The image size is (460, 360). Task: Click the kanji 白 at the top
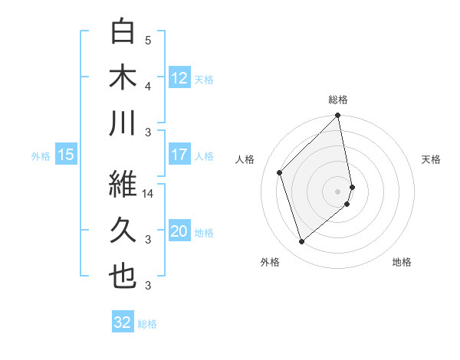tap(123, 31)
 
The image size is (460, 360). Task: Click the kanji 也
tap(123, 277)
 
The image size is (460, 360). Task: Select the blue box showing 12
tap(179, 77)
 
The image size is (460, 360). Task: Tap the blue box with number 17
tap(179, 155)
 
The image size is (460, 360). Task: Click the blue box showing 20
tap(179, 231)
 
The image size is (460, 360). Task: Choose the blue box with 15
tap(66, 155)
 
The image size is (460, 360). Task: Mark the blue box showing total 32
tap(122, 322)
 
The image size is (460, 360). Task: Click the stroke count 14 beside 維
tap(149, 194)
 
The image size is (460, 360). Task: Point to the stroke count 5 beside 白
tap(148, 40)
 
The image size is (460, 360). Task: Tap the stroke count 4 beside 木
tap(148, 86)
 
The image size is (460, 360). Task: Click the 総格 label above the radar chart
tap(338, 100)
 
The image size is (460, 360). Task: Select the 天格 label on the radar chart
tap(432, 159)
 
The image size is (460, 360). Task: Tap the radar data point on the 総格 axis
tap(338, 116)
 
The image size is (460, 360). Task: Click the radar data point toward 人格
tap(280, 172)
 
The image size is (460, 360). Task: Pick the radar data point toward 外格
tap(301, 242)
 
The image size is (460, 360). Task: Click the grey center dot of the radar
tap(338, 191)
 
